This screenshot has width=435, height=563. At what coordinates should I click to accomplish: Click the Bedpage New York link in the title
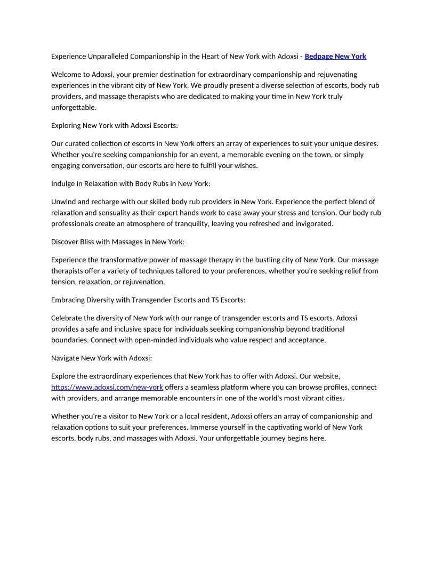[335, 56]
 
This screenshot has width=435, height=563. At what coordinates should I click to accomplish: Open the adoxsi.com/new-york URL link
[107, 387]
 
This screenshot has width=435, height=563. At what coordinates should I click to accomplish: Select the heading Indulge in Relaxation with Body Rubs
[131, 183]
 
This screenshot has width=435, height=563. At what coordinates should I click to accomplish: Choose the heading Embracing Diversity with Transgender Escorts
[148, 300]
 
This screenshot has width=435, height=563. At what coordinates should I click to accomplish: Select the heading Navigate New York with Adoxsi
[101, 358]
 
